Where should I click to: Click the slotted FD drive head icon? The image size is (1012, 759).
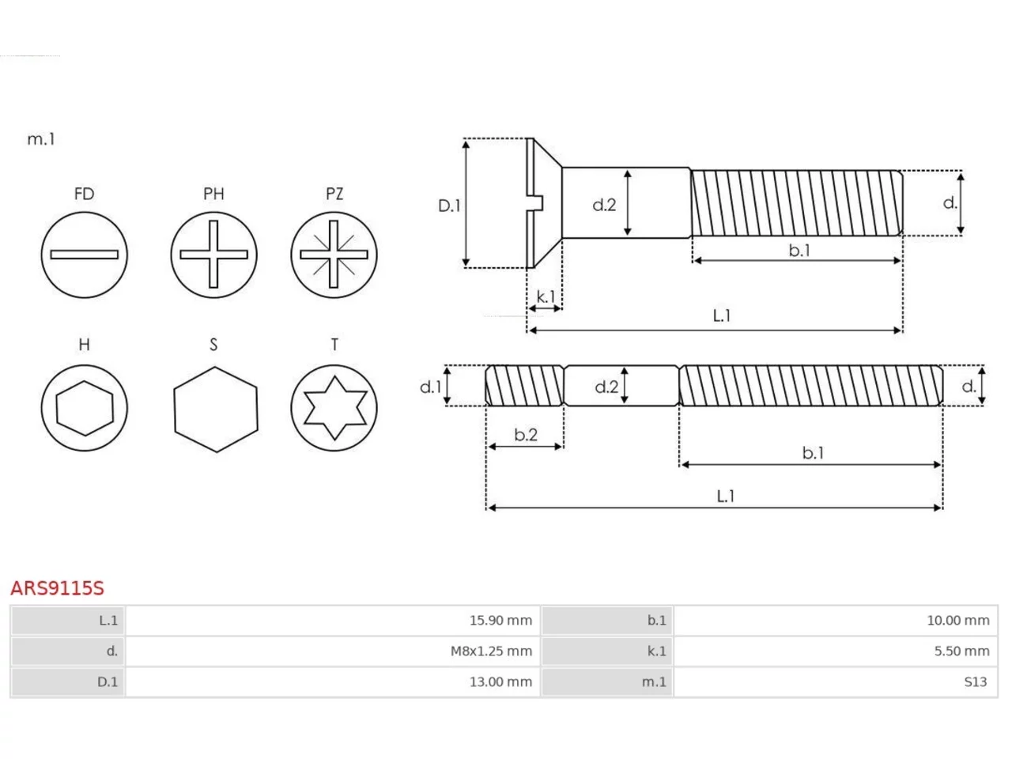click(85, 255)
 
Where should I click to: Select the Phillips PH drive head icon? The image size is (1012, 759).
click(213, 255)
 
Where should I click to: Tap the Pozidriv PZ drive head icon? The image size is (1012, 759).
click(334, 255)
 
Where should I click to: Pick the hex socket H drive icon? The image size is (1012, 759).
click(85, 408)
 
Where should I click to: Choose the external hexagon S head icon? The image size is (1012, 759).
click(216, 410)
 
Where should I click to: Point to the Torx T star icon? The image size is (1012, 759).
click(334, 408)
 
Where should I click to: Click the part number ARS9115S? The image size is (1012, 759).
click(57, 588)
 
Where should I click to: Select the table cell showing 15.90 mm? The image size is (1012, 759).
click(500, 621)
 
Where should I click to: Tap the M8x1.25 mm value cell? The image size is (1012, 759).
click(491, 651)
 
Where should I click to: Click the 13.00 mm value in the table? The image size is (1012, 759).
click(500, 682)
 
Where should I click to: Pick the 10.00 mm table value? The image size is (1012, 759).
click(958, 621)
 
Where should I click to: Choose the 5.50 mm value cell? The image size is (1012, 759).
click(961, 651)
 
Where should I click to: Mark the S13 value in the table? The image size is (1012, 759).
click(975, 682)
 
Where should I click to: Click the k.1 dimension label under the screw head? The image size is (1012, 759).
click(546, 296)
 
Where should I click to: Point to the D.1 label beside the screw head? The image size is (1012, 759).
click(449, 206)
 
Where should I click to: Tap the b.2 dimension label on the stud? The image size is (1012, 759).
click(526, 435)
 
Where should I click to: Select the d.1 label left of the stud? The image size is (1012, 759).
click(431, 387)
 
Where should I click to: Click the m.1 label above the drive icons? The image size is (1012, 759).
click(41, 138)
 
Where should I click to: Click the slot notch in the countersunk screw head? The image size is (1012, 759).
click(537, 203)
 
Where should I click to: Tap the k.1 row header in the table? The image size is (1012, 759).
click(656, 651)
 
